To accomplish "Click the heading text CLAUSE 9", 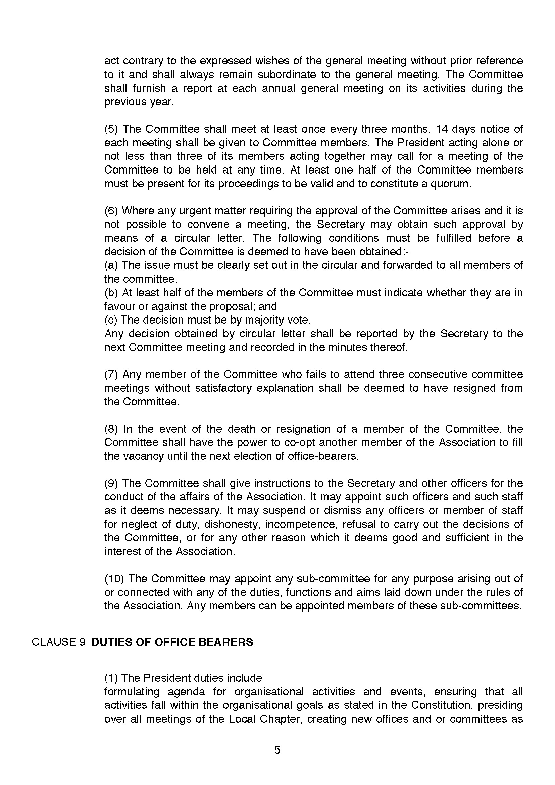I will click(58, 642).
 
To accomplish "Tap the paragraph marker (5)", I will click(111, 129).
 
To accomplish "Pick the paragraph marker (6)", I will click(111, 211).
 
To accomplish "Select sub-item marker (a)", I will click(111, 265).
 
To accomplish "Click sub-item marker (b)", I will click(111, 293).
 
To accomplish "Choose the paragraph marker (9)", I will click(111, 483).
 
